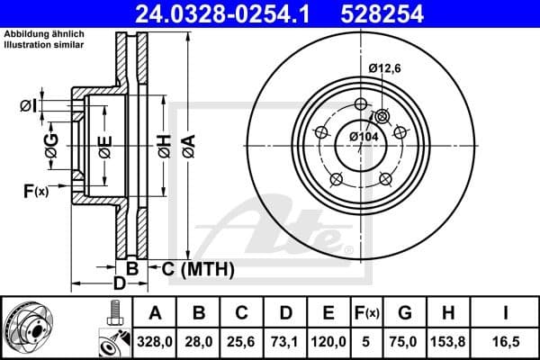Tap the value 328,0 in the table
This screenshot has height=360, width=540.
(x=155, y=342)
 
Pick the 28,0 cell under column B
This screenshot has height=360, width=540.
(x=199, y=342)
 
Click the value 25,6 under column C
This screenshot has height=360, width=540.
(x=242, y=342)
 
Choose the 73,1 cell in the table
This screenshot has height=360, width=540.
(x=286, y=342)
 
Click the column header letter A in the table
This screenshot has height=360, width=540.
(x=155, y=313)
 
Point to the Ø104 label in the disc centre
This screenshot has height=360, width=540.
(x=364, y=136)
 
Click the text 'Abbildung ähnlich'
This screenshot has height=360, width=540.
(x=38, y=34)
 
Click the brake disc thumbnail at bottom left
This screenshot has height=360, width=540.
(x=36, y=328)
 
